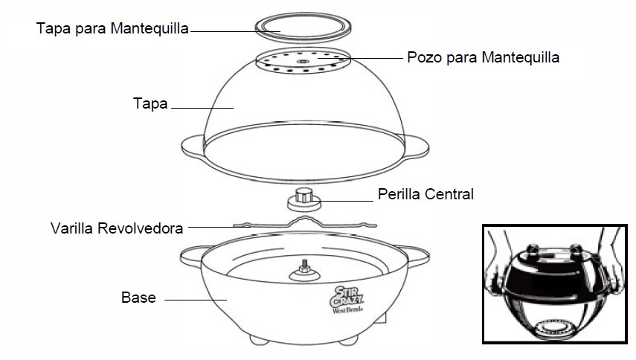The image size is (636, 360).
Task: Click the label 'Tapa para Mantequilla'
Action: (x=112, y=28)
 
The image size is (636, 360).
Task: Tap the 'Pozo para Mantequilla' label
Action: (x=483, y=57)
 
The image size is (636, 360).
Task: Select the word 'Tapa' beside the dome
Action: (x=150, y=103)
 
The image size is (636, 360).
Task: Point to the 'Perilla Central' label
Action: (x=425, y=194)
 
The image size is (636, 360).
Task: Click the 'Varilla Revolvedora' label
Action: (x=117, y=228)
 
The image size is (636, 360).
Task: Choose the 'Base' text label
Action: (x=138, y=298)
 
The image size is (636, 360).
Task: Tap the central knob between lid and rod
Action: (x=304, y=199)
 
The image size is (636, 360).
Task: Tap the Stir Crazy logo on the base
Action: (x=347, y=300)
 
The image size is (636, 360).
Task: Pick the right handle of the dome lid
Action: (x=417, y=147)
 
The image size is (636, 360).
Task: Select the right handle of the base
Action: (x=418, y=256)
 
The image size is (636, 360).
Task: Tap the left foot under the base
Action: (x=259, y=340)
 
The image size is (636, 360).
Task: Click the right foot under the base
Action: (x=348, y=340)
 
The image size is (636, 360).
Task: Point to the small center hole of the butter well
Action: (x=303, y=61)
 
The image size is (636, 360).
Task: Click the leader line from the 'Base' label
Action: (x=196, y=300)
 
